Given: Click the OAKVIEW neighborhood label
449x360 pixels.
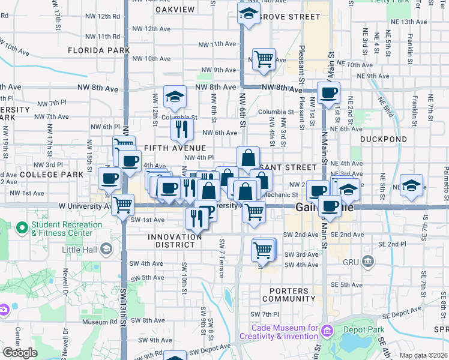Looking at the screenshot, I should pyautogui.click(x=175, y=10).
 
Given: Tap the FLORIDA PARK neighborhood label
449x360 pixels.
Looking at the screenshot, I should pyautogui.click(x=98, y=50).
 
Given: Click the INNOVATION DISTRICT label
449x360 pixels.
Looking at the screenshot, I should pyautogui.click(x=175, y=242).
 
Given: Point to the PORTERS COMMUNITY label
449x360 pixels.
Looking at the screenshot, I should pyautogui.click(x=288, y=295).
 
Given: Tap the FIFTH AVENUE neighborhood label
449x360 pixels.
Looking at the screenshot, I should pyautogui.click(x=174, y=148).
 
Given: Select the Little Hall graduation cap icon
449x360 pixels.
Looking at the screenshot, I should pyautogui.click(x=106, y=248).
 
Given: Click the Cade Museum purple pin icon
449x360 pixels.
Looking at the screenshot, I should pyautogui.click(x=327, y=331).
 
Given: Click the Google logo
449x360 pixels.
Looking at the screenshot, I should pyautogui.click(x=20, y=353).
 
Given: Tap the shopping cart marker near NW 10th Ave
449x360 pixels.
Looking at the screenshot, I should pyautogui.click(x=264, y=59).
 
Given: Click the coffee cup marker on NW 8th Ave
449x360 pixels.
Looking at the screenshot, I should pyautogui.click(x=328, y=92).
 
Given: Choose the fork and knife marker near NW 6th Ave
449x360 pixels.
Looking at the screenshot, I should pyautogui.click(x=182, y=128).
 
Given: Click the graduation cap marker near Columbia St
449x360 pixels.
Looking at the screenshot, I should pyautogui.click(x=174, y=96).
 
